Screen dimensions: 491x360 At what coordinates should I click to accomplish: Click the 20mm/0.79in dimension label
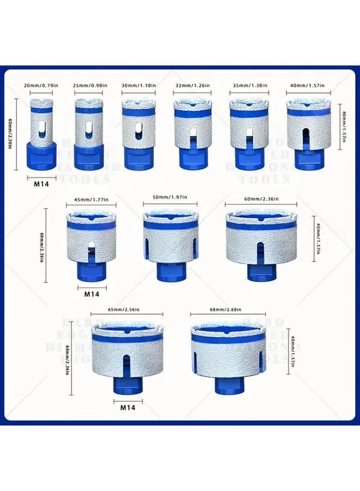pos(42,86)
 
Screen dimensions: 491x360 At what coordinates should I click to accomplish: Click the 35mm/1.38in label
pos(249,86)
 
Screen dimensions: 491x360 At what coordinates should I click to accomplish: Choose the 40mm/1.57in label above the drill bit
pos(307,86)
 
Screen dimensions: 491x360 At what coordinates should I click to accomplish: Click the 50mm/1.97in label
pos(169,197)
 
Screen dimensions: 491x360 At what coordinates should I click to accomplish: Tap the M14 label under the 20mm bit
pos(42,183)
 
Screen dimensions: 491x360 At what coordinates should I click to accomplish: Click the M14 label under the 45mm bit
pos(92,294)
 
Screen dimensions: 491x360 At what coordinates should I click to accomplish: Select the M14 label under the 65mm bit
pos(127,407)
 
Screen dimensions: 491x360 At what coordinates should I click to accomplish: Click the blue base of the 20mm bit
pos(42,155)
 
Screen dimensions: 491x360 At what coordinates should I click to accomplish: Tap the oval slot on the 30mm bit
pos(137,131)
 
